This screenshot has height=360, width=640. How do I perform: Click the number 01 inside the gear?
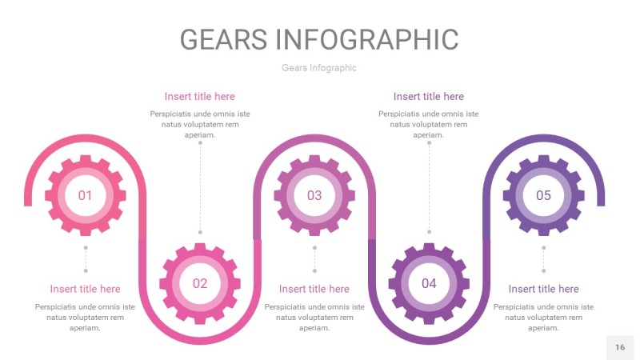(x=85, y=195)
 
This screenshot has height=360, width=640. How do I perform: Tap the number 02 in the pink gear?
(x=200, y=283)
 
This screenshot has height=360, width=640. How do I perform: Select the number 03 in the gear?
(x=314, y=195)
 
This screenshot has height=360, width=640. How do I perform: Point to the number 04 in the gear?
(x=429, y=283)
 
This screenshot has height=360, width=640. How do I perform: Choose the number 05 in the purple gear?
(x=543, y=195)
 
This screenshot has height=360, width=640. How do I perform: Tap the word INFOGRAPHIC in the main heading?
(x=367, y=39)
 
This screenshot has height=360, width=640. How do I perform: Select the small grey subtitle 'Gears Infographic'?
(x=319, y=68)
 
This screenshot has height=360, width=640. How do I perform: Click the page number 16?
(x=620, y=347)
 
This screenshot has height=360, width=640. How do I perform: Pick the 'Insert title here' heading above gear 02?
(x=200, y=97)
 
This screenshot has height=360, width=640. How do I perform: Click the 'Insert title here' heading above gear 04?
(x=429, y=97)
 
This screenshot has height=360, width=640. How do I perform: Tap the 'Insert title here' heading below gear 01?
(x=85, y=289)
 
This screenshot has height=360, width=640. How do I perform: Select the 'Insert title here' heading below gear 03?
(x=314, y=289)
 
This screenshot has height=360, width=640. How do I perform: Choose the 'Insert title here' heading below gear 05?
(x=543, y=289)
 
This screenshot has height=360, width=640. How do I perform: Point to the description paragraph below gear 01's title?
(x=85, y=318)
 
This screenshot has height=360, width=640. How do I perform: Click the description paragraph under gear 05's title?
(x=543, y=318)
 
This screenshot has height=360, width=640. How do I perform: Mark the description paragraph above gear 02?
(x=200, y=124)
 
